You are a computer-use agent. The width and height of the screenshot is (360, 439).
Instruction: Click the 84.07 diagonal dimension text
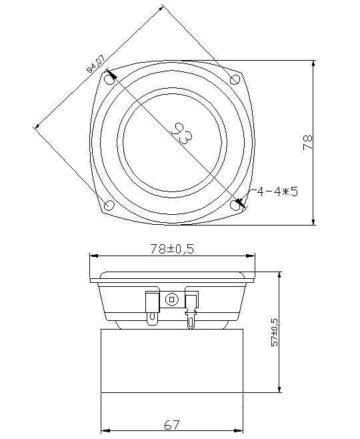[95, 64]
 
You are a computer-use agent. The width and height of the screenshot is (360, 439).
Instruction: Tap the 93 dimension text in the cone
[181, 133]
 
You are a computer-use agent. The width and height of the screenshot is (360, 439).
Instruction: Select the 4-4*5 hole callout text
[277, 191]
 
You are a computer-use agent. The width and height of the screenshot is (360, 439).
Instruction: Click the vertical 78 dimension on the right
[307, 143]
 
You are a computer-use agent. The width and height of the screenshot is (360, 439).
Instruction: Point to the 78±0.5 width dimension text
[172, 249]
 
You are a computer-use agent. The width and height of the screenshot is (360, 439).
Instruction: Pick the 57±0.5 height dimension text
[275, 332]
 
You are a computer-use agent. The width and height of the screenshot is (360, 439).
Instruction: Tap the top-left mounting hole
[109, 80]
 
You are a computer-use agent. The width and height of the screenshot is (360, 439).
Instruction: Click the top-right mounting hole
[235, 79]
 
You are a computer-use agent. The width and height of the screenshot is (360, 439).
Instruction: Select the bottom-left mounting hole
[109, 205]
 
